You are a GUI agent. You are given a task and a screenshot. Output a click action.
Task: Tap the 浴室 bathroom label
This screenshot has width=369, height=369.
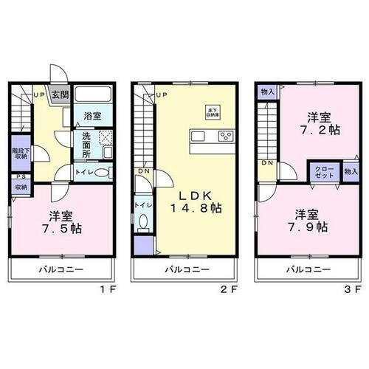(x=92, y=117)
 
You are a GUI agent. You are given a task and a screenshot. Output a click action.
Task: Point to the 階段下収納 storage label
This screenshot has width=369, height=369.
(x=21, y=153)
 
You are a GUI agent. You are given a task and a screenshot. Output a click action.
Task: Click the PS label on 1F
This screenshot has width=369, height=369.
(x=18, y=177)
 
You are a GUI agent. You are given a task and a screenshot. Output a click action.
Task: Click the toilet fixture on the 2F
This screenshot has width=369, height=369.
(x=142, y=221)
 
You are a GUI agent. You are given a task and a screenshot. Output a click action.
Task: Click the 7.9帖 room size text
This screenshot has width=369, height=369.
(x=312, y=227)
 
